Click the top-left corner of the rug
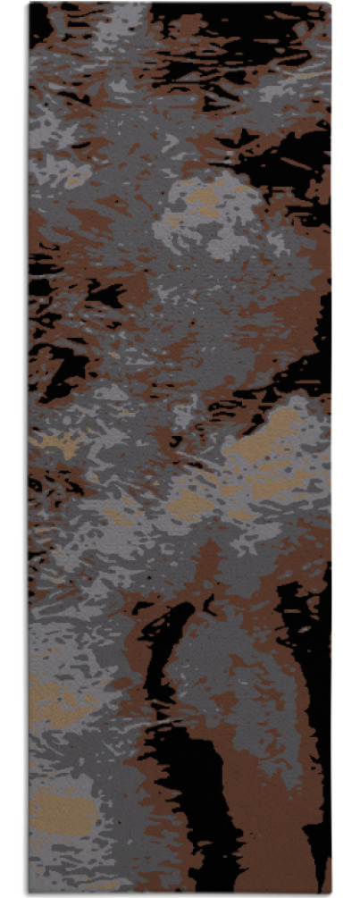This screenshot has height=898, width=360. [x=29, y=4]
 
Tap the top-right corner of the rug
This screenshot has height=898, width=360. [x=330, y=4]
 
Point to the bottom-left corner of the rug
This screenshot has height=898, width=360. [x=29, y=894]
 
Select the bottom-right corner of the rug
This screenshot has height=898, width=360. [x=330, y=894]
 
